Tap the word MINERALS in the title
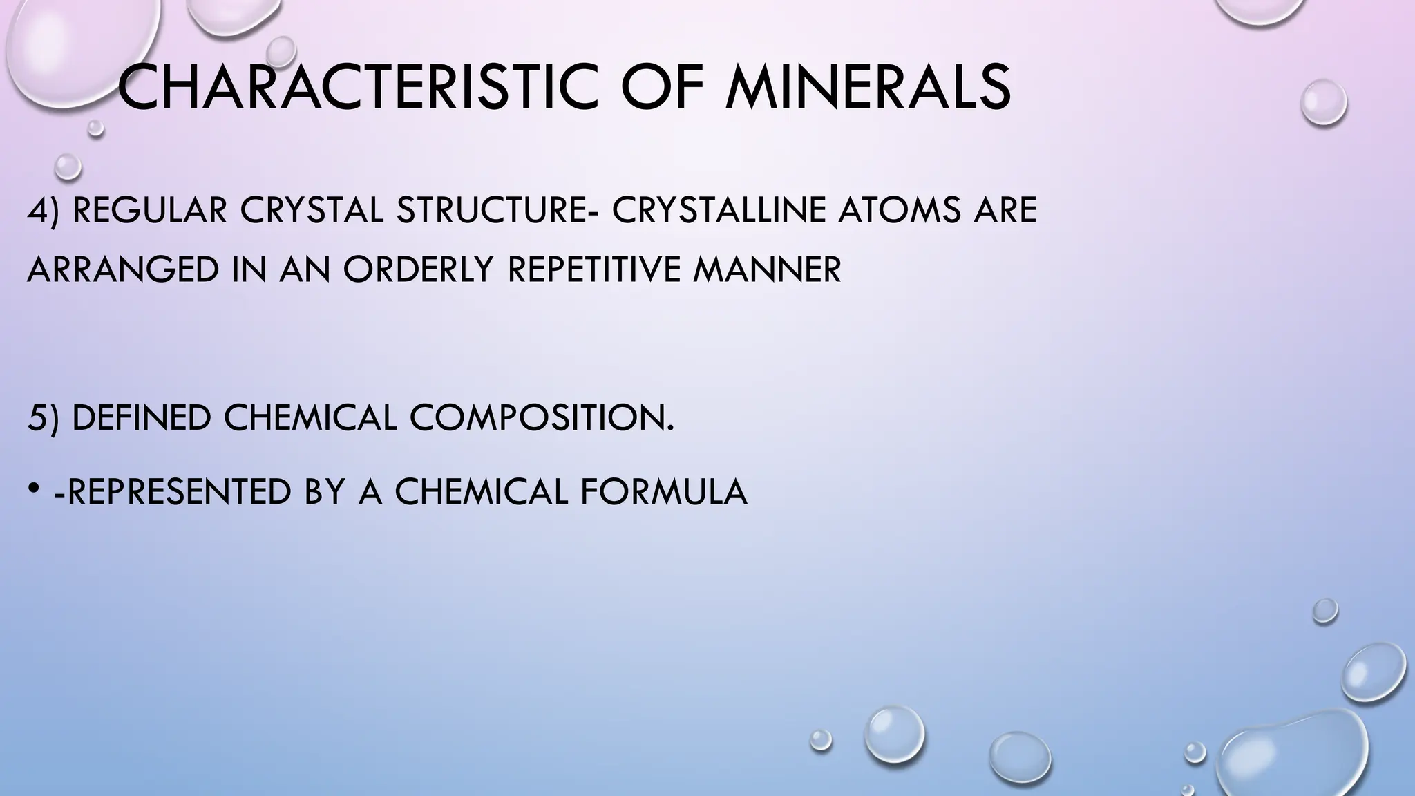coord(867,88)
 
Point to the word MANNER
coord(767,269)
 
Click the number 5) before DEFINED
coord(44,418)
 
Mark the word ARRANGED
coord(123,269)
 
